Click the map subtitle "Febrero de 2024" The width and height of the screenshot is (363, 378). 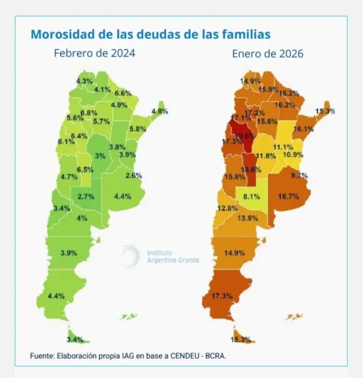[x=94, y=52]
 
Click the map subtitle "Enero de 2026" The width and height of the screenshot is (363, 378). [x=268, y=53]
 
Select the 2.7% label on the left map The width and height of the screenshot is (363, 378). [x=86, y=197]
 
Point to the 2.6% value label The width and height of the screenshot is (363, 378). [x=134, y=175]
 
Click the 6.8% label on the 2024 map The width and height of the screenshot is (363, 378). [x=89, y=112]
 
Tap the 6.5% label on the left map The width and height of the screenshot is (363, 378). [x=85, y=169]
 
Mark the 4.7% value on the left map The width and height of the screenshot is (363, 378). [x=69, y=177]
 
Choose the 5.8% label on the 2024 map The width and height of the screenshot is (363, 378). [x=137, y=129]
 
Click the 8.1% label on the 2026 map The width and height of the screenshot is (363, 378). [x=251, y=197]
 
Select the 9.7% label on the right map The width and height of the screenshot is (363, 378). [x=299, y=175]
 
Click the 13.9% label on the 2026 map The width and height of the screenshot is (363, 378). [x=248, y=218]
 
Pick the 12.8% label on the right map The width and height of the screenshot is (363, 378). [x=227, y=208]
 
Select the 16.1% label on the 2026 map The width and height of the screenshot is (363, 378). [x=304, y=129]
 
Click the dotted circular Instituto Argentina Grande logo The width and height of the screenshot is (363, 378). [x=131, y=256]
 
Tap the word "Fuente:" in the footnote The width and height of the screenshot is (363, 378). [x=42, y=356]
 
